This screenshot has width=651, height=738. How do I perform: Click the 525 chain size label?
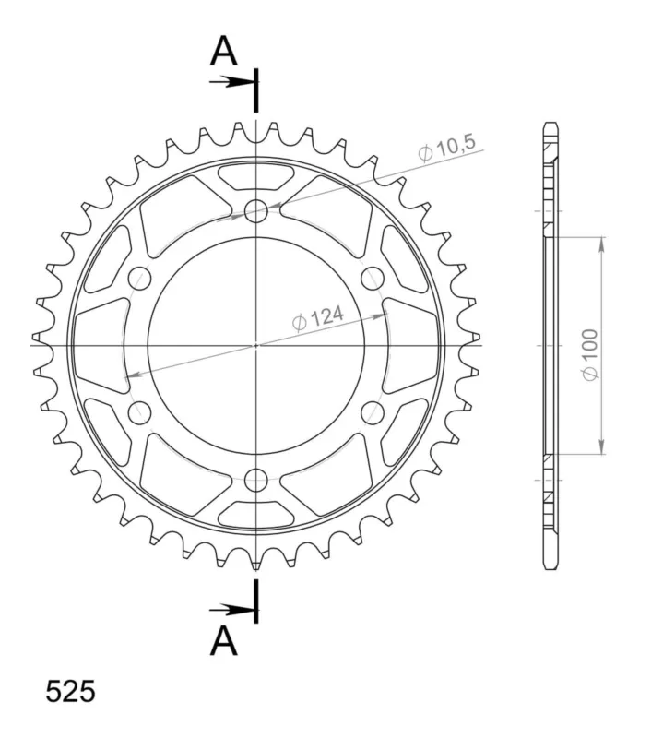(x=70, y=692)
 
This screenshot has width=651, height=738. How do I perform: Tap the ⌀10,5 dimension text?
(x=447, y=149)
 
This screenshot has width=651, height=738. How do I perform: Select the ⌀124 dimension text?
(x=318, y=318)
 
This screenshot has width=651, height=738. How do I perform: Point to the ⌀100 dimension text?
(x=590, y=354)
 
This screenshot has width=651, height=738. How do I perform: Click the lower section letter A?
(x=223, y=642)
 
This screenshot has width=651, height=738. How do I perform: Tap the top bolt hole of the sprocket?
(x=256, y=210)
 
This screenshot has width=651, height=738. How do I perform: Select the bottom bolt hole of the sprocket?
(x=256, y=480)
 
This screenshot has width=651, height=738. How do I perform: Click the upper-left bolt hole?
(x=140, y=278)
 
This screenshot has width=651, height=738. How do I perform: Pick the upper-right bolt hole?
(x=373, y=278)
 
